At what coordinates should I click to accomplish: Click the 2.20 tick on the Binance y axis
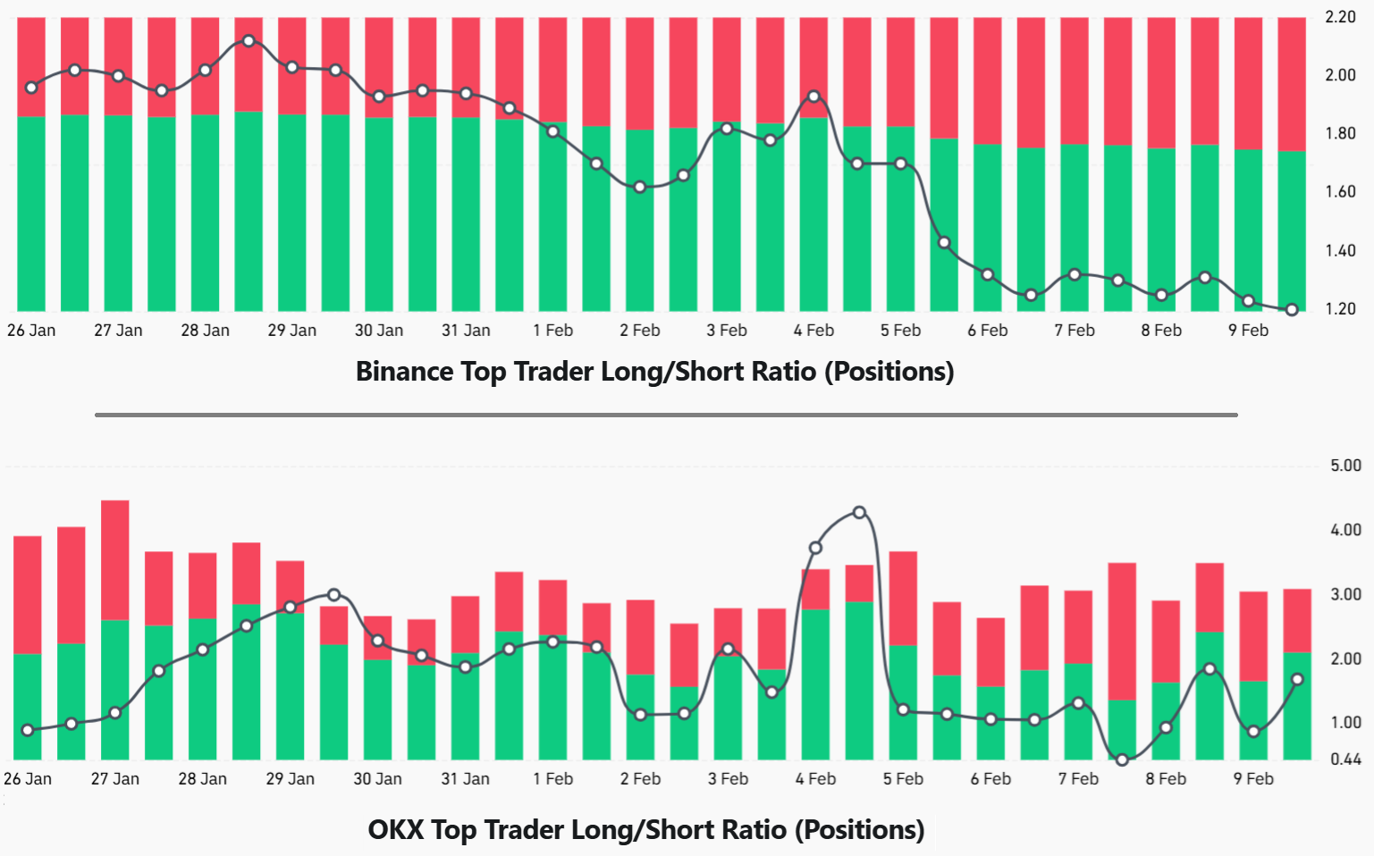1340,17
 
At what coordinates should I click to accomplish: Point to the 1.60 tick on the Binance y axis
1340,192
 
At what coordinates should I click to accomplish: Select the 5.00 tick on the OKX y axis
1345,466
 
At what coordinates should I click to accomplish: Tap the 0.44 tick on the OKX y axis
1345,759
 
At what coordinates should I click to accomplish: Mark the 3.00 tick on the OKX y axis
1345,594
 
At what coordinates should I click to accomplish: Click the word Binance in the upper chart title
404,371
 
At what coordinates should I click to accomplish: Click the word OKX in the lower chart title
395,829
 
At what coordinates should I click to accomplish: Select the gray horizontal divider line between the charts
666,415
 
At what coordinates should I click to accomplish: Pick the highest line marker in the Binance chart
249,41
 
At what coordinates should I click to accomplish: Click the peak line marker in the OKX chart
859,513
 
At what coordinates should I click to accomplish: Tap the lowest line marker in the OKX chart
1122,759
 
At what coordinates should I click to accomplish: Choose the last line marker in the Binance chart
1292,310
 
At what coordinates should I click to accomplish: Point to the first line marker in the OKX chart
28,730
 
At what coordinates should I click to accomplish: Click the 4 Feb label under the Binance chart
813,331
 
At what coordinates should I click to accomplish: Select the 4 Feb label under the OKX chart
815,779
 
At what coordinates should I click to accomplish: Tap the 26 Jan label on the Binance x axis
31,331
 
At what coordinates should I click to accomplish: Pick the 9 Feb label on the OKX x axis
1253,779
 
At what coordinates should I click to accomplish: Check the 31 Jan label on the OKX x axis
465,779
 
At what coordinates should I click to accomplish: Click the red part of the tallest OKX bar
115,559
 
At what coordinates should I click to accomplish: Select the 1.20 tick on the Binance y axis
1340,309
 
